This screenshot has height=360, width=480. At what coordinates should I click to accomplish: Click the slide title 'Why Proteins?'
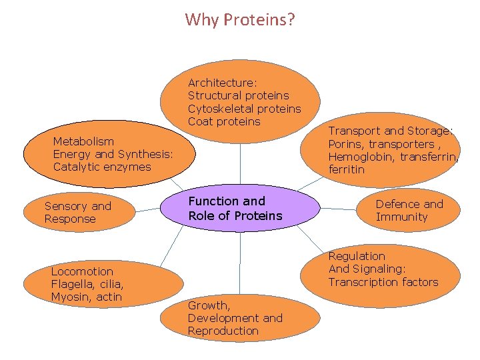click(240, 19)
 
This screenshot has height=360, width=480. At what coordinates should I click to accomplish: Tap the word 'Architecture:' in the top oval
click(222, 83)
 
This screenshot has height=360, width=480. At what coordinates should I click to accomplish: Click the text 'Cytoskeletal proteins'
click(244, 109)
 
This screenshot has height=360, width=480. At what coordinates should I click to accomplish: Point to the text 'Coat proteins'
click(224, 121)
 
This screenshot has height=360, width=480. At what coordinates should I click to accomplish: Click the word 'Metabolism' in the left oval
click(83, 141)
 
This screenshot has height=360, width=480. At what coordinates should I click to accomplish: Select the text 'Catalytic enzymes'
click(102, 167)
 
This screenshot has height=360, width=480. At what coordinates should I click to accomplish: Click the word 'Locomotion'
click(82, 271)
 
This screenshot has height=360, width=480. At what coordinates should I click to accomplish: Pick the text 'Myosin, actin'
click(86, 297)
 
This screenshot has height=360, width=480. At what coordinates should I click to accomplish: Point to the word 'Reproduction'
click(223, 331)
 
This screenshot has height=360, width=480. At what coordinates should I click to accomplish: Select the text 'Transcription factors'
click(383, 282)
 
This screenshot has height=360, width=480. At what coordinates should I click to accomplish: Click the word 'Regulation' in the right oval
click(357, 256)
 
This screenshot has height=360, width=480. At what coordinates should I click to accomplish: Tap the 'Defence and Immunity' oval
click(410, 210)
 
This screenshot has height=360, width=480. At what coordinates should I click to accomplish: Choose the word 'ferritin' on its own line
click(347, 169)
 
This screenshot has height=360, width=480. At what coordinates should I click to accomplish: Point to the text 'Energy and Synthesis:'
click(113, 154)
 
